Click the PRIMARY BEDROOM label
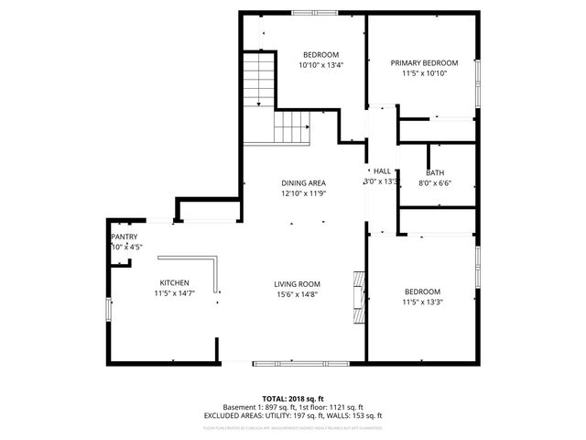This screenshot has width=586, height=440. pyautogui.click(x=424, y=62)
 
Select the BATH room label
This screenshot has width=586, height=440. pyautogui.click(x=435, y=172)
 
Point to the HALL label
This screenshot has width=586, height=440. pyautogui.click(x=382, y=170)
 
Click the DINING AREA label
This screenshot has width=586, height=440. pyautogui.click(x=303, y=182)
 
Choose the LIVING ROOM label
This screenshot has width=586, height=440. pyautogui.click(x=297, y=283)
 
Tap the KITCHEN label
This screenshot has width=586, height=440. pyautogui.click(x=174, y=282)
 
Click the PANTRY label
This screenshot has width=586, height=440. pyautogui.click(x=125, y=236)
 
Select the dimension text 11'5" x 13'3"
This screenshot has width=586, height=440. pyautogui.click(x=422, y=302)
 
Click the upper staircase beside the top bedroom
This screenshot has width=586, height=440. pyautogui.click(x=259, y=79)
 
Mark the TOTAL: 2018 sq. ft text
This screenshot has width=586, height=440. pyautogui.click(x=293, y=399)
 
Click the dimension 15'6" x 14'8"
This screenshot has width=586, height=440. pyautogui.click(x=297, y=294)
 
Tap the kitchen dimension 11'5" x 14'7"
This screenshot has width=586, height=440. pyautogui.click(x=174, y=293)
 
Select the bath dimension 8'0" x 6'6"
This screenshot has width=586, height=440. pyautogui.click(x=435, y=183)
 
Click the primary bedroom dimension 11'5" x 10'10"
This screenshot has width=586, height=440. pyautogui.click(x=424, y=73)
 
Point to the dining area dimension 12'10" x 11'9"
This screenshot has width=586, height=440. pyautogui.click(x=303, y=193)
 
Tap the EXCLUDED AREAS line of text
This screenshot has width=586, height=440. pyautogui.click(x=293, y=415)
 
